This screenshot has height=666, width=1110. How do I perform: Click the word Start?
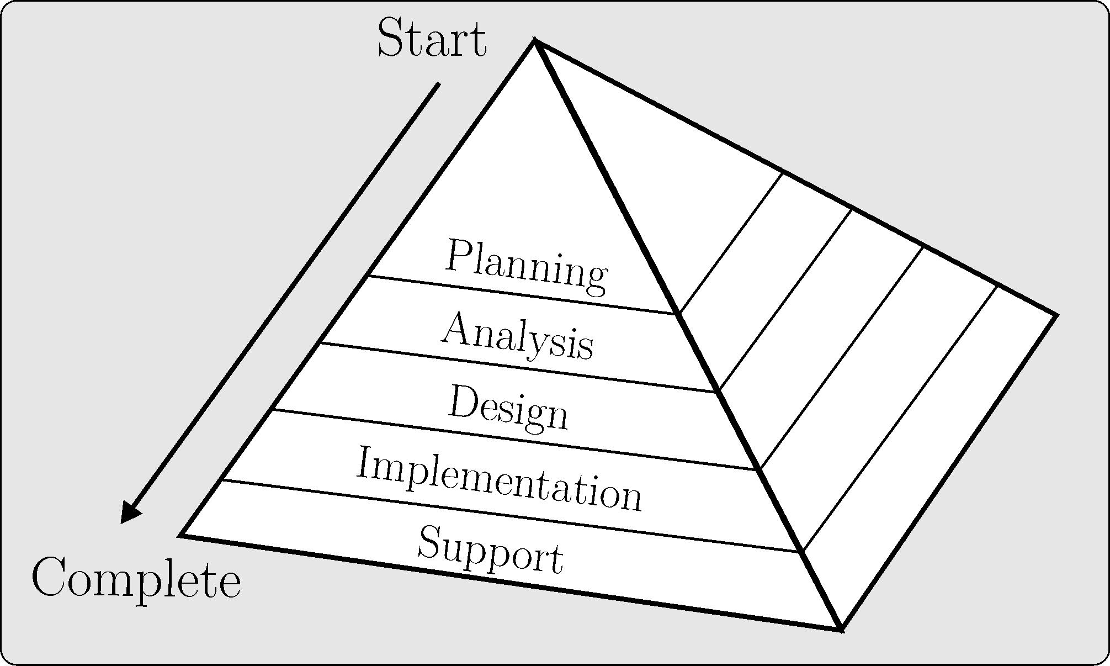click(432, 38)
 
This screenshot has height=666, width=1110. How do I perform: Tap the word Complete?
click(136, 578)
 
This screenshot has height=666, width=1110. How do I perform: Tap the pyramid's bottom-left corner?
click(182, 535)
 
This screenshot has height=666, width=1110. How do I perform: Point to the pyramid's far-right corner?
click(1056, 315)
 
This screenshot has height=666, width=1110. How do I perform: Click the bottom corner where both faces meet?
click(841, 628)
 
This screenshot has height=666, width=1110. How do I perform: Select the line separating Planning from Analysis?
click(522, 294)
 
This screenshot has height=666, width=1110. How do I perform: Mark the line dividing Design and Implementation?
click(513, 440)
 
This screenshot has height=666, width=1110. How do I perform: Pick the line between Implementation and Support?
click(511, 515)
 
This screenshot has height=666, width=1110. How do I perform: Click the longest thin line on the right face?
click(900, 419)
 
